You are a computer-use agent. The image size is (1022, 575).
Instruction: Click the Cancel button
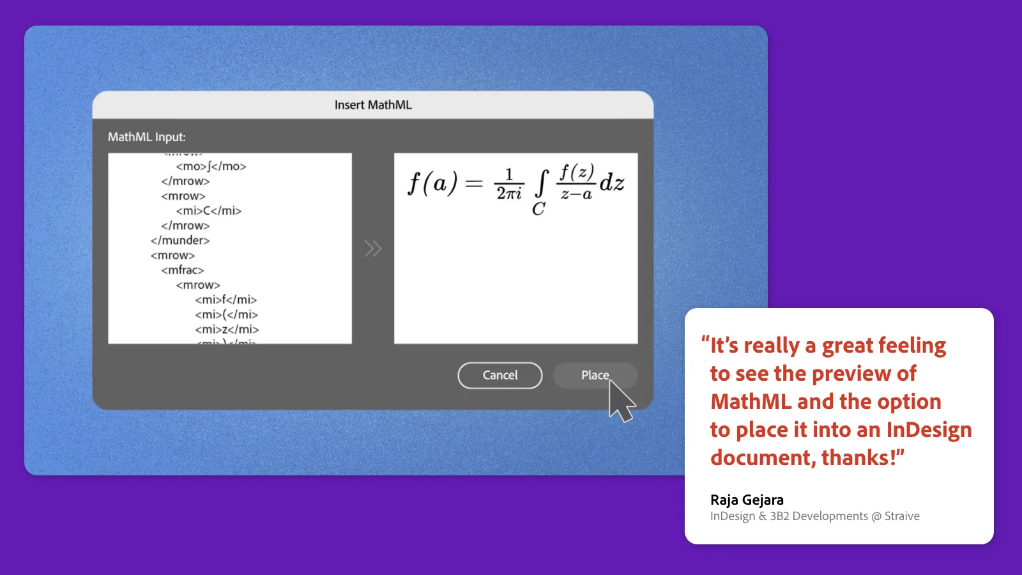tap(500, 375)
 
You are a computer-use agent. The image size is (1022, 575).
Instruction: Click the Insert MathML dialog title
tap(373, 105)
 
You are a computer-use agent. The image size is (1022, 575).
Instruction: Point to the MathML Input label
tap(146, 137)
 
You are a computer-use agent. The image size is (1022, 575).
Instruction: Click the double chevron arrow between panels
tap(373, 249)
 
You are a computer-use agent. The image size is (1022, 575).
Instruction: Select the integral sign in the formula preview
tap(542, 184)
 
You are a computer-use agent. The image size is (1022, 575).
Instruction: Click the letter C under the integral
tap(538, 209)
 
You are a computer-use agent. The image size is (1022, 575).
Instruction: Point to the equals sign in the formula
tap(474, 184)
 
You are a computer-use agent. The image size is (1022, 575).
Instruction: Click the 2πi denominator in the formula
tap(509, 193)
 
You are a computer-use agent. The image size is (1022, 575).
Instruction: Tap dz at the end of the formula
tap(612, 183)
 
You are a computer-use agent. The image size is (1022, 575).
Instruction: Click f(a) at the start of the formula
tap(432, 184)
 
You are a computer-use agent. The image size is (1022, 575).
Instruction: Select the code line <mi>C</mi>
tap(208, 211)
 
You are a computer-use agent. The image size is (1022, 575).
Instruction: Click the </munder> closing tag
tap(180, 240)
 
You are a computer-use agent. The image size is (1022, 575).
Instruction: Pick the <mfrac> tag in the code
tap(183, 270)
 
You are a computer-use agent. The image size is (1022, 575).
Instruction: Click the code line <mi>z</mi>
tap(227, 329)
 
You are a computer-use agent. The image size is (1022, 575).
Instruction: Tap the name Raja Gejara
tap(747, 500)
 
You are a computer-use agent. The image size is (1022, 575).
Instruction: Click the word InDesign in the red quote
tap(929, 430)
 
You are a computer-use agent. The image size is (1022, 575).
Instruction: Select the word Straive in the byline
tap(902, 516)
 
